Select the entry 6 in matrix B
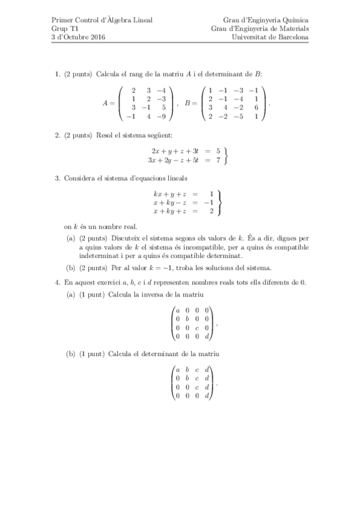(256, 108)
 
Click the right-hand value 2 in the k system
(212, 211)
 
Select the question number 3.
(56, 178)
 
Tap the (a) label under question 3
(71, 238)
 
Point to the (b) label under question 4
(71, 354)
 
